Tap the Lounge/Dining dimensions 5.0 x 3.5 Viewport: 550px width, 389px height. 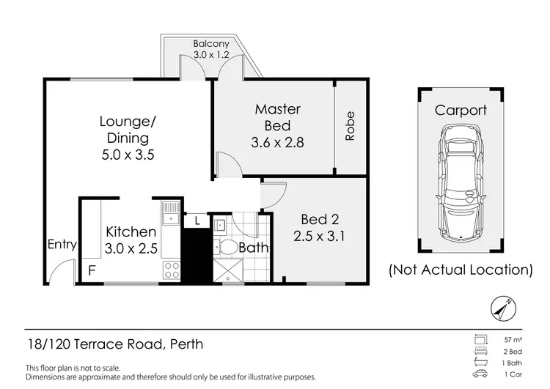tap(123, 155)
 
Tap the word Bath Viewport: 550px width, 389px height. tap(253, 248)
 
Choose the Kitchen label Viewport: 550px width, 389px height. tap(131, 232)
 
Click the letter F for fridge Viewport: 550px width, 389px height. tap(92, 269)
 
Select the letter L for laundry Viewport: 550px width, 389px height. tap(197, 220)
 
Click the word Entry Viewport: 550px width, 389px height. tap(62, 245)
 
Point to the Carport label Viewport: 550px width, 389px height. tap(461, 111)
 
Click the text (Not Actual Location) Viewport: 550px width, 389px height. tap(461, 270)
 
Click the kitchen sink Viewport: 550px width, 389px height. tap(171, 213)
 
